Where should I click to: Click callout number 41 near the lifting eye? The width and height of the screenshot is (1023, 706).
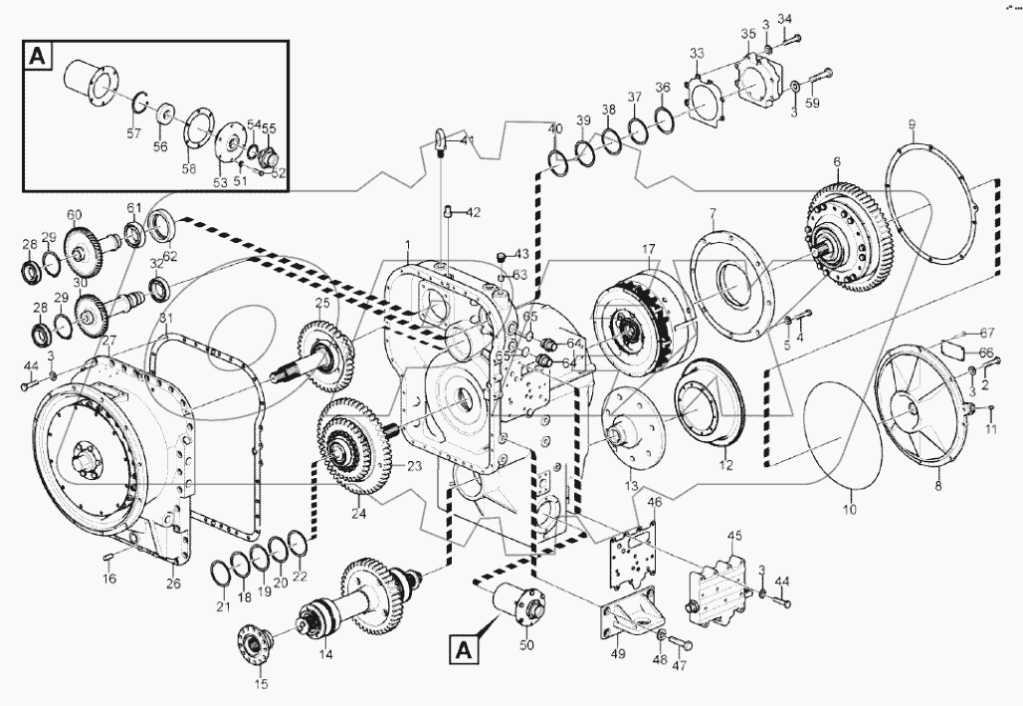pyautogui.click(x=469, y=140)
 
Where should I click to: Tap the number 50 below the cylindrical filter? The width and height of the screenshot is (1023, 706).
pyautogui.click(x=526, y=646)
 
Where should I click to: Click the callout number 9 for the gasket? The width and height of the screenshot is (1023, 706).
pyautogui.click(x=911, y=124)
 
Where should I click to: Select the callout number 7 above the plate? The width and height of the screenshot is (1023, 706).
pyautogui.click(x=712, y=213)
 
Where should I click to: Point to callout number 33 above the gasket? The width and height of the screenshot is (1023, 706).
pyautogui.click(x=697, y=53)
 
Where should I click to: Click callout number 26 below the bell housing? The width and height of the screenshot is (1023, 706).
pyautogui.click(x=173, y=583)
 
